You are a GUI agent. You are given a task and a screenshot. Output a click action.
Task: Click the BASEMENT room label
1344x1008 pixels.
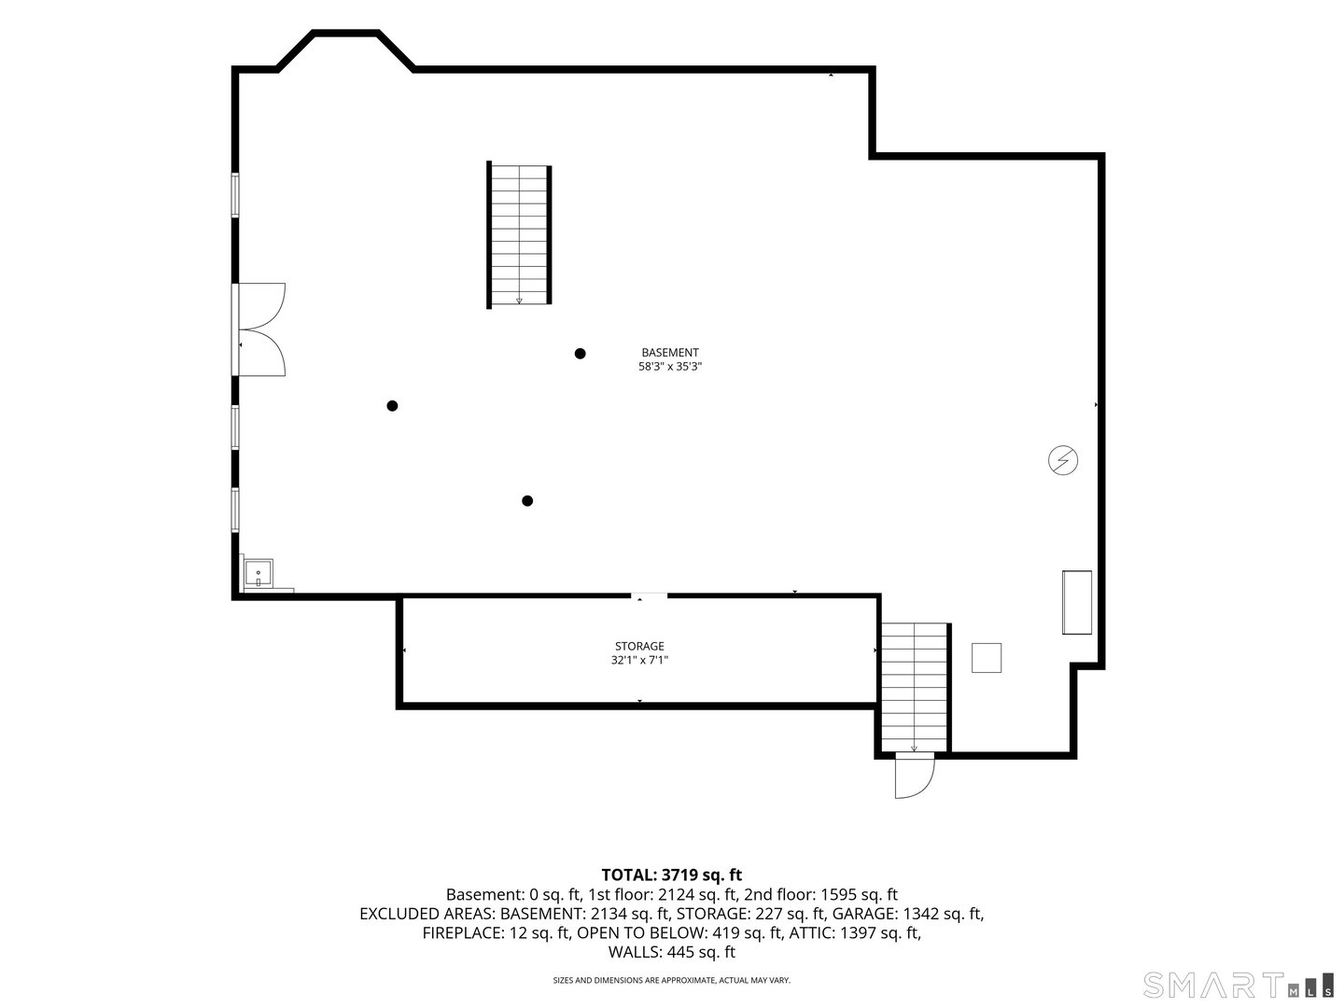(670, 353)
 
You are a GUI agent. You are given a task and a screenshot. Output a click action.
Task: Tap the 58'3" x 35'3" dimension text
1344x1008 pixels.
(670, 367)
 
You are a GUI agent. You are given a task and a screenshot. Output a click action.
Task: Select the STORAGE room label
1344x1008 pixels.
(639, 646)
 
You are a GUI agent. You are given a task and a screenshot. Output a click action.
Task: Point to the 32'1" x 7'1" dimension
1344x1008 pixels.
(639, 660)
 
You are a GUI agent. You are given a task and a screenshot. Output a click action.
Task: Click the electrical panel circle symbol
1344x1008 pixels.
(1063, 460)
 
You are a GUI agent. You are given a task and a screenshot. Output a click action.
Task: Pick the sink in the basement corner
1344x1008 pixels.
(259, 573)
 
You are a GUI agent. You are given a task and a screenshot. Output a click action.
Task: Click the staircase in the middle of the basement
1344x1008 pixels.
(519, 235)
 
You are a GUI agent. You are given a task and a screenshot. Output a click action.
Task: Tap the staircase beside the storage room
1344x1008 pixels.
(915, 688)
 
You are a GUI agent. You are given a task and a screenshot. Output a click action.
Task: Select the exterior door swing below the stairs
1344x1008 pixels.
(914, 777)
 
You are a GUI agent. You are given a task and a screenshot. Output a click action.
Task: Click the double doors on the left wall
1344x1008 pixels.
(259, 329)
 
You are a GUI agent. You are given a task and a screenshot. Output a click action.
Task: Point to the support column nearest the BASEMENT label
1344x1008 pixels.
(580, 353)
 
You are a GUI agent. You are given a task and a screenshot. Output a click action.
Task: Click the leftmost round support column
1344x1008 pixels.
(393, 406)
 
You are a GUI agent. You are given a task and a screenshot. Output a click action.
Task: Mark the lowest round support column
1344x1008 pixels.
(527, 500)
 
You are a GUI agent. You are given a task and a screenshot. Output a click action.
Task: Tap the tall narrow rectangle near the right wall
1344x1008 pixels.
(1076, 602)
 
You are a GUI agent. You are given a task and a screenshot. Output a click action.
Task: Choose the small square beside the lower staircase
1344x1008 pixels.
(987, 658)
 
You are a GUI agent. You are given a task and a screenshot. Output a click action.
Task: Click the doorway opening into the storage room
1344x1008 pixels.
(649, 595)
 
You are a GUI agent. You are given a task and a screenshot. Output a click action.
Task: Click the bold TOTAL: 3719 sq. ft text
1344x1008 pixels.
(672, 875)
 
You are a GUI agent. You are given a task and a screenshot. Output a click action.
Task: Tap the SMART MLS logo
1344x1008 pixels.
(1238, 986)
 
